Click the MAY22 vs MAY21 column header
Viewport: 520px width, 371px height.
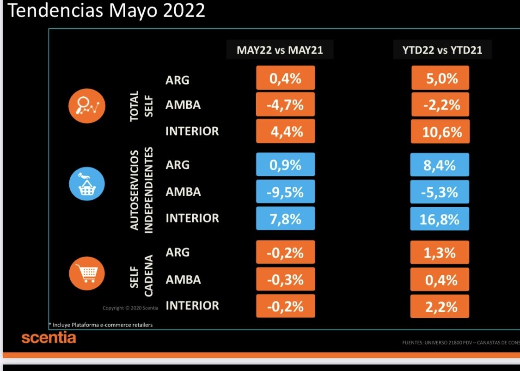tap(280, 50)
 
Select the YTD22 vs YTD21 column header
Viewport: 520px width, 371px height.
tap(442, 50)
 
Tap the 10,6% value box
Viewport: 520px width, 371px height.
tap(440, 132)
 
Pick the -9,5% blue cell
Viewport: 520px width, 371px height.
tap(285, 192)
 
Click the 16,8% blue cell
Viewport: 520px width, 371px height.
tap(440, 219)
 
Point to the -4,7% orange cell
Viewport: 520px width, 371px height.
tap(285, 105)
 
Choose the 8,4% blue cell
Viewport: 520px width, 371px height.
tap(440, 165)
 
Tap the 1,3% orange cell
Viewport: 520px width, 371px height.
tap(440, 253)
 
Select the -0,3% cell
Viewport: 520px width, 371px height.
tap(285, 279)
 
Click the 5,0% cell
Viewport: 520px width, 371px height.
tap(440, 78)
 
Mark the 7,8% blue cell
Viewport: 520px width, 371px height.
tap(285, 218)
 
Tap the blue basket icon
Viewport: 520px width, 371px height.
tap(87, 185)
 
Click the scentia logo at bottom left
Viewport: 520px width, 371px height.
tap(49, 338)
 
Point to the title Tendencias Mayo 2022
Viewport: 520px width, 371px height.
tap(106, 11)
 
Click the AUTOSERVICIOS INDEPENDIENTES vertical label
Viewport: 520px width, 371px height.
tap(141, 191)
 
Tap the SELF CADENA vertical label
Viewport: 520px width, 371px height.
tap(141, 279)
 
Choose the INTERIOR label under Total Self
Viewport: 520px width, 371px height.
tap(192, 131)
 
